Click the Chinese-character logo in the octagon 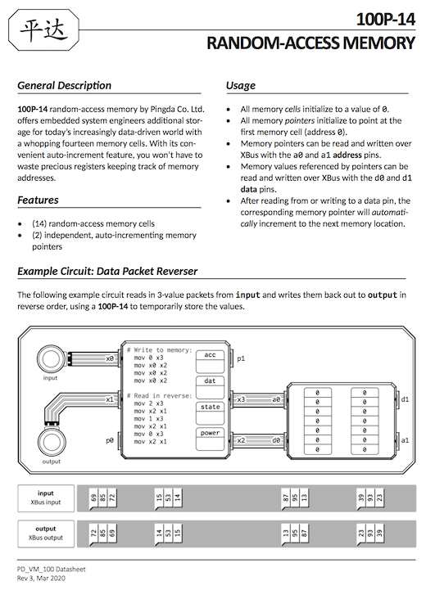click(x=43, y=30)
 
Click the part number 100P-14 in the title click(x=385, y=19)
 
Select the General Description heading click(x=65, y=85)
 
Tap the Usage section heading click(x=241, y=85)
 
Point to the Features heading click(x=38, y=200)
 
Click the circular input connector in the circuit click(x=51, y=359)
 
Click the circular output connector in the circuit click(x=52, y=443)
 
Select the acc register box click(x=210, y=362)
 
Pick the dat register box click(x=210, y=388)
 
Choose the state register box click(x=210, y=413)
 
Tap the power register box click(x=210, y=439)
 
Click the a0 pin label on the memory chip click(x=276, y=399)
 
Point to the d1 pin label click(x=405, y=399)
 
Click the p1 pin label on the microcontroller click(x=241, y=358)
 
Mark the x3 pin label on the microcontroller click(x=241, y=399)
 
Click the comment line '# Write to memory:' click(x=159, y=350)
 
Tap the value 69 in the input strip click(x=93, y=498)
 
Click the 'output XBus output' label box click(x=46, y=534)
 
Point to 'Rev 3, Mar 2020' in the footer click(x=41, y=579)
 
